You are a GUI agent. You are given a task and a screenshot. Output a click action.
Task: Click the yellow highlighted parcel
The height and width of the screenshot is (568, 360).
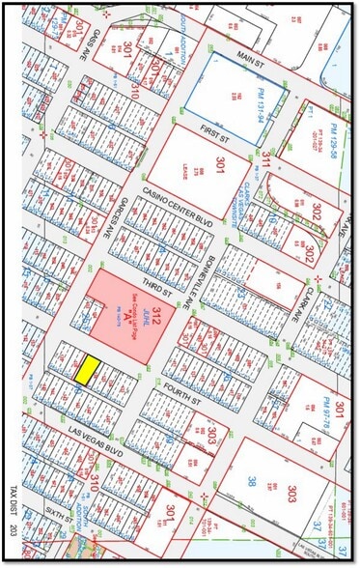tap(89, 369)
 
